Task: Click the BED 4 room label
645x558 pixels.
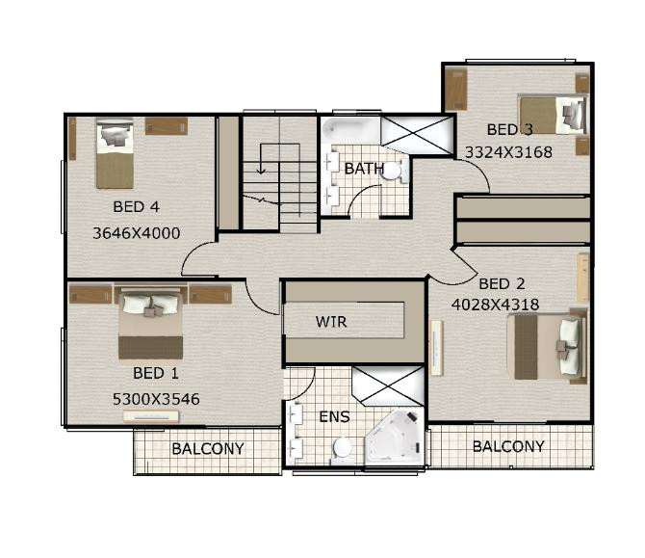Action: [x=136, y=206]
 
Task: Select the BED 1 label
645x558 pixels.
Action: [x=156, y=373]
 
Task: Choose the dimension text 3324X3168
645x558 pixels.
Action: [x=508, y=151]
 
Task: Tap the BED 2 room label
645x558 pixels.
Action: [x=502, y=283]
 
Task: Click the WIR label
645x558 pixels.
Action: [x=331, y=321]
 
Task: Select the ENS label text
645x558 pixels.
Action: [x=333, y=417]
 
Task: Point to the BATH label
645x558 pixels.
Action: [x=364, y=169]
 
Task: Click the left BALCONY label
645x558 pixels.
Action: [x=208, y=449]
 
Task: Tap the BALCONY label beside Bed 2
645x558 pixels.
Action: [x=508, y=446]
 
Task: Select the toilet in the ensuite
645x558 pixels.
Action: [x=342, y=448]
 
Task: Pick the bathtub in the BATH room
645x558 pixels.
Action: [x=351, y=131]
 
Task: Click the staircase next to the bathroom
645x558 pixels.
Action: [x=279, y=173]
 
